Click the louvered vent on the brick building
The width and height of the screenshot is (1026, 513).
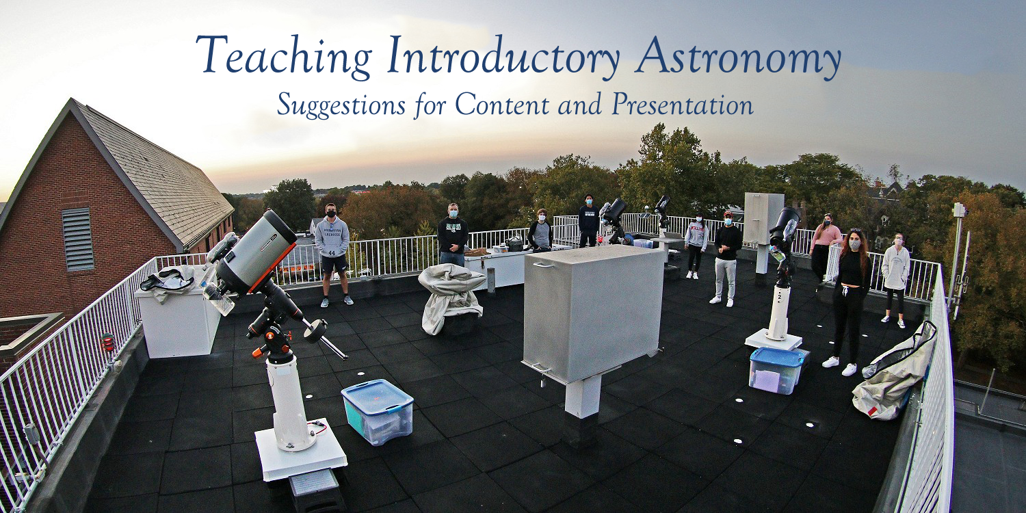click(x=78, y=239)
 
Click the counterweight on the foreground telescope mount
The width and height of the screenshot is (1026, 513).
click(x=315, y=331)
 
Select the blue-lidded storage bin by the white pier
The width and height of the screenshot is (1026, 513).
click(x=776, y=369)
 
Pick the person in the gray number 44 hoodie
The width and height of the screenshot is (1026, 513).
click(x=333, y=250)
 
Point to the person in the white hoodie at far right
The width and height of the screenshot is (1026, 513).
click(x=895, y=274)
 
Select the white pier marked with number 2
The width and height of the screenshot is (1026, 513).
click(x=778, y=311)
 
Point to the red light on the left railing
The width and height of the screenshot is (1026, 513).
click(x=107, y=341)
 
